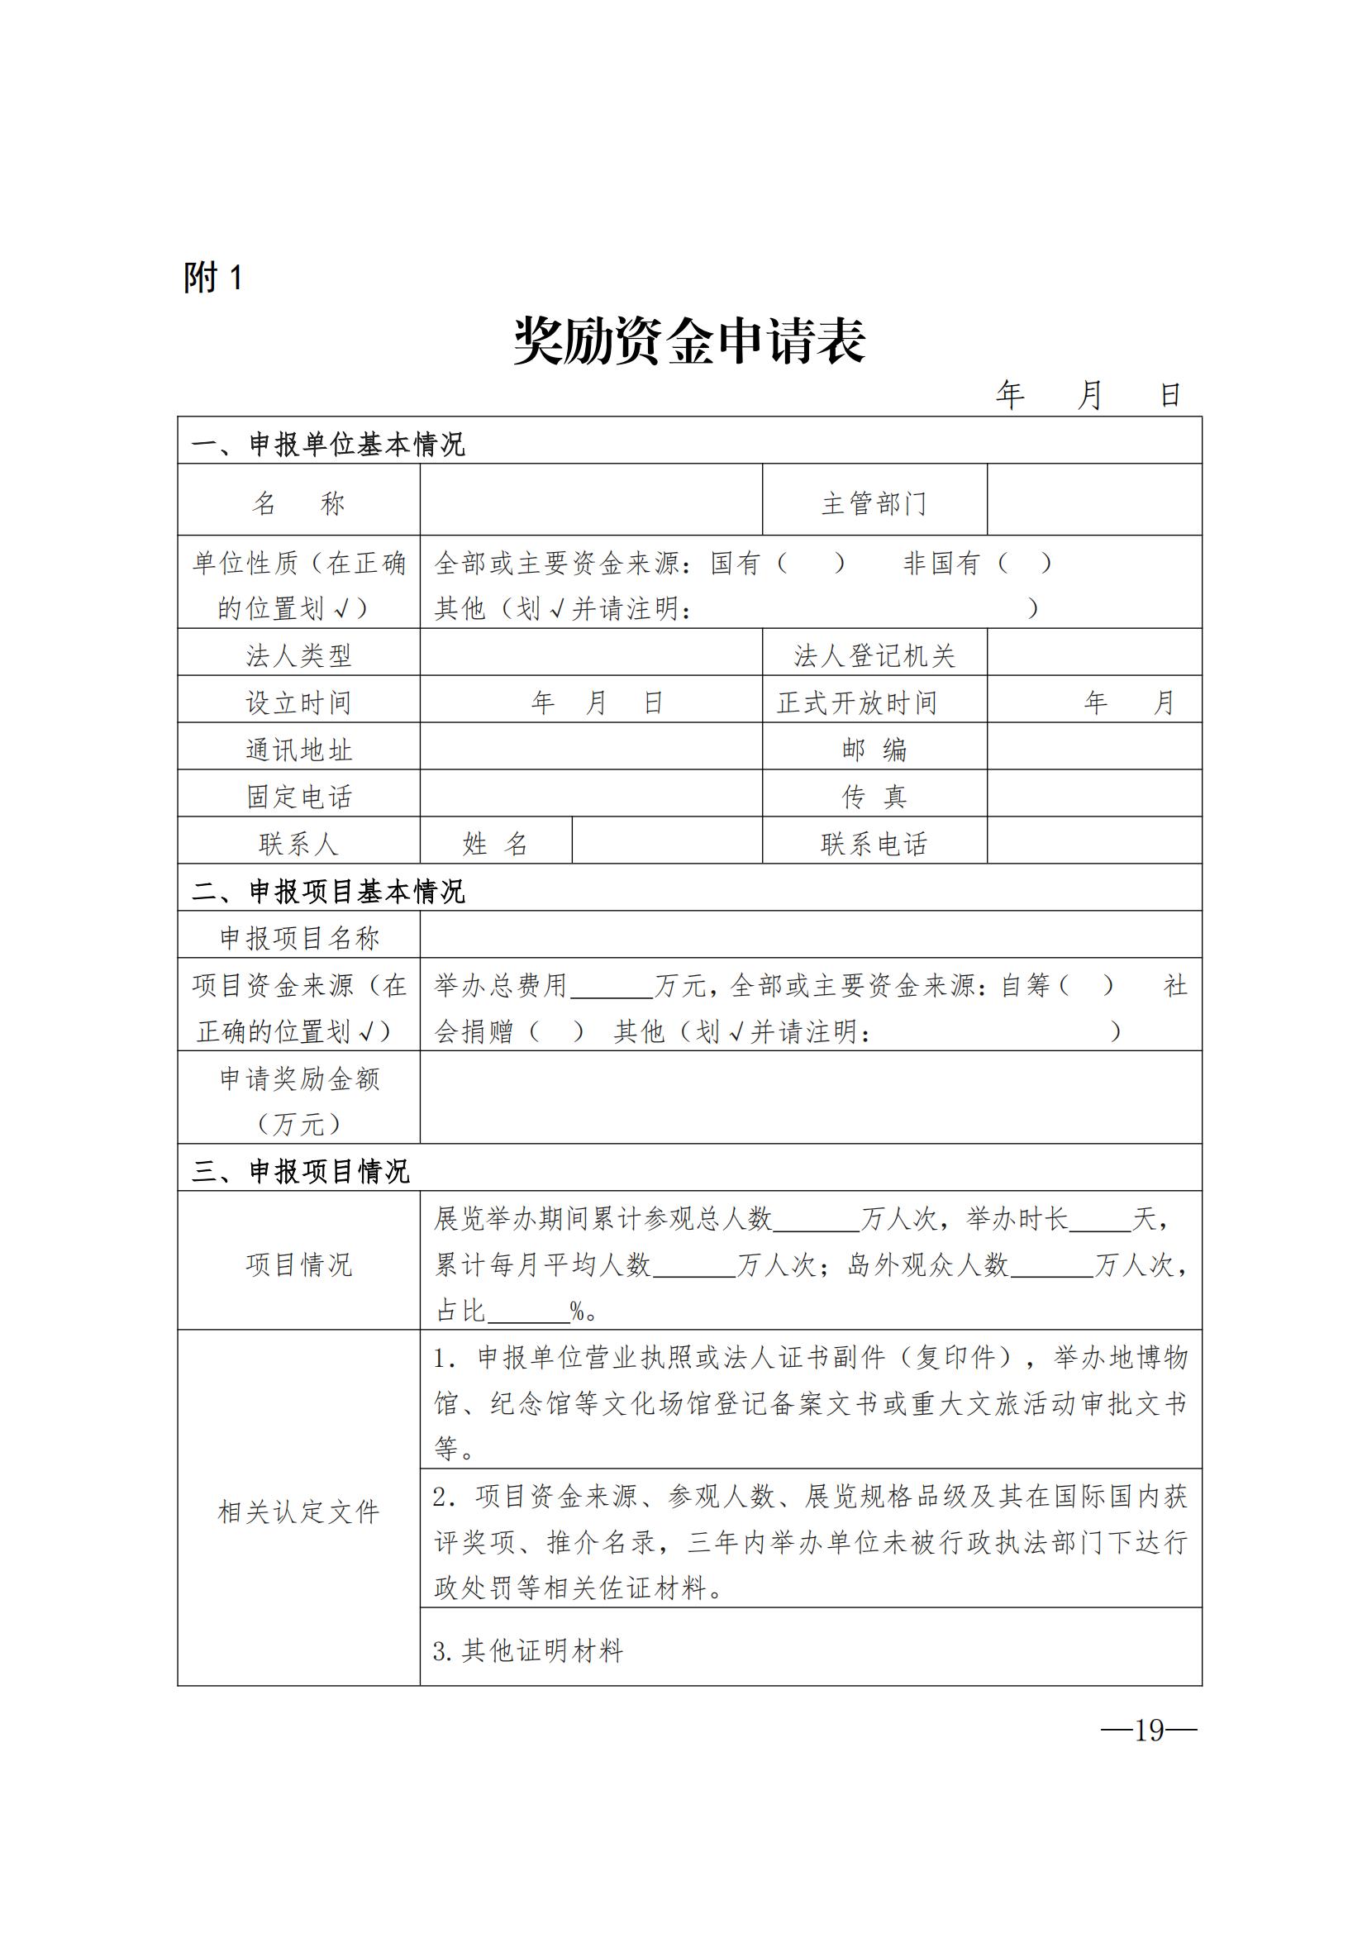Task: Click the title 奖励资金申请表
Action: click(x=689, y=342)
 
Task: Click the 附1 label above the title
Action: click(x=214, y=278)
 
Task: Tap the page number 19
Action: click(x=1148, y=1730)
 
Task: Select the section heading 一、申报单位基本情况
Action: click(x=328, y=444)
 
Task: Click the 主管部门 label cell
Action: click(x=874, y=503)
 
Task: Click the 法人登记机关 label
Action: click(x=874, y=656)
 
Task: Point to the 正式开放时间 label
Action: click(x=857, y=703)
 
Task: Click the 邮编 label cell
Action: click(x=874, y=750)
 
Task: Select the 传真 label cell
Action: click(x=874, y=797)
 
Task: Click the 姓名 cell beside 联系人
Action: click(x=495, y=844)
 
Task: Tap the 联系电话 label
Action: click(x=874, y=844)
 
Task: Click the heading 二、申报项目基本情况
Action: click(x=328, y=891)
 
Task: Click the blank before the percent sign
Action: click(x=529, y=1310)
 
